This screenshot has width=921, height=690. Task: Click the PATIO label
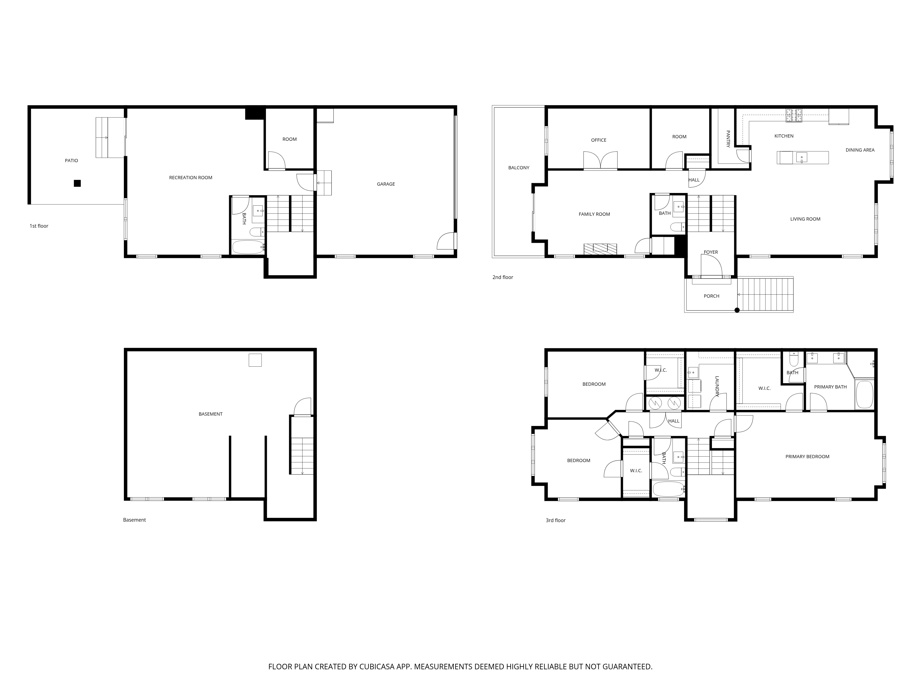pyautogui.click(x=71, y=161)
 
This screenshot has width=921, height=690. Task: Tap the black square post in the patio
pyautogui.click(x=77, y=183)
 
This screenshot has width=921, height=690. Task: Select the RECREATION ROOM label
pyautogui.click(x=191, y=178)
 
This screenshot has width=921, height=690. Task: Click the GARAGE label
pyautogui.click(x=386, y=184)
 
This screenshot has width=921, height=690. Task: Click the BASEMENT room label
pyautogui.click(x=211, y=414)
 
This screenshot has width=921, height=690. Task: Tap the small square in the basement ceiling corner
pyautogui.click(x=255, y=360)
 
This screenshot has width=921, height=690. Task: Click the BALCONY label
pyautogui.click(x=519, y=168)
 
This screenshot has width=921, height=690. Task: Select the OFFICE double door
pyautogui.click(x=600, y=161)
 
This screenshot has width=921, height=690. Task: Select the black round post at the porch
pyautogui.click(x=737, y=310)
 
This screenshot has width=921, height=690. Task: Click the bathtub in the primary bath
pyautogui.click(x=864, y=394)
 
